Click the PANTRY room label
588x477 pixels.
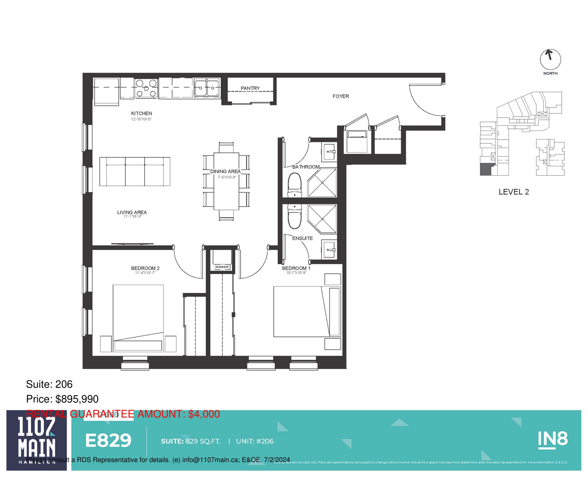tap(250, 88)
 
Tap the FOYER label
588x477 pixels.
tap(341, 96)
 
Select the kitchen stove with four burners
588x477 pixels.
tap(146, 88)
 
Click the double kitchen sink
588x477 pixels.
tap(206, 88)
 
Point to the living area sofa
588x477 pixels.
tap(135, 172)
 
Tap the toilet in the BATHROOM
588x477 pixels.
tap(295, 185)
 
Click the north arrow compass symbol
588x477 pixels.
tap(550, 59)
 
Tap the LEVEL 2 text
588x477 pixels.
tap(513, 192)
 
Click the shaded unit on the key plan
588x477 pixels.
tap(485, 169)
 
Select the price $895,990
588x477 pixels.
tap(77, 399)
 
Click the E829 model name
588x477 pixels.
tap(108, 440)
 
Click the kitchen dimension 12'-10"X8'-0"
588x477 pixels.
tap(141, 119)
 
